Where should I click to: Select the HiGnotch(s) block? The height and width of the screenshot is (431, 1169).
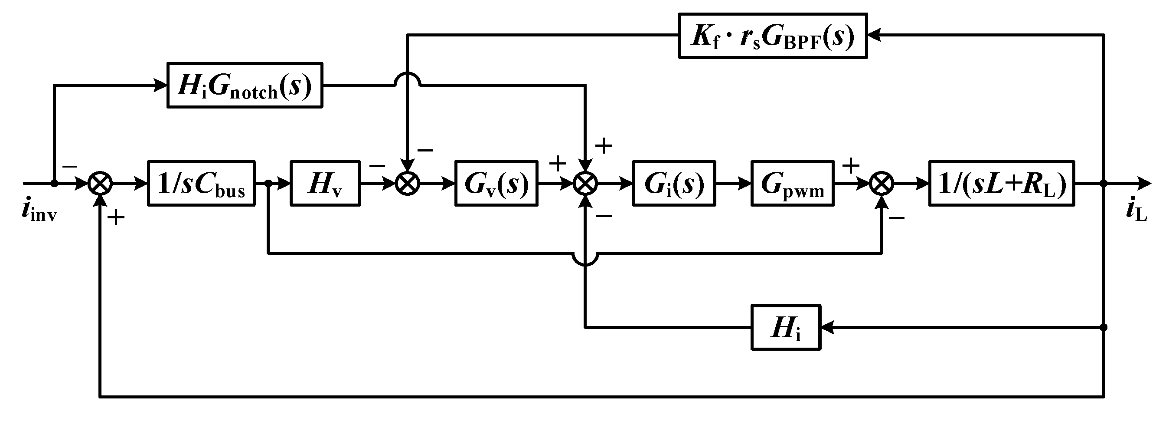(x=245, y=86)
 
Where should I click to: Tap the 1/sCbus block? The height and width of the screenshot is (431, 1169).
(x=201, y=184)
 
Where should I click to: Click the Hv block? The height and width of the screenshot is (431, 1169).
(x=325, y=184)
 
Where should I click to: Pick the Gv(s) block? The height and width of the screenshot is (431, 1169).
(x=496, y=184)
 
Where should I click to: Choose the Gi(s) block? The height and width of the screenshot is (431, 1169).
(x=674, y=184)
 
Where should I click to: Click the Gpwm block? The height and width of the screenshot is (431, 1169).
(x=792, y=184)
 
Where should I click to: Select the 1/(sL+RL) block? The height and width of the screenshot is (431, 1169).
(x=1002, y=184)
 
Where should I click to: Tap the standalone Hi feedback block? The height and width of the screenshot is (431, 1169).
(x=786, y=327)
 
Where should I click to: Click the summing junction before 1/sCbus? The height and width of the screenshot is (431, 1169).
(x=100, y=184)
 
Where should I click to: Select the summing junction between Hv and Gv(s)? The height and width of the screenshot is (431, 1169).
(x=408, y=184)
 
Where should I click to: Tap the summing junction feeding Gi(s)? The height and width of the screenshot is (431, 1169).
(x=585, y=184)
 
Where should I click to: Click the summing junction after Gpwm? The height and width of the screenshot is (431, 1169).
(x=882, y=184)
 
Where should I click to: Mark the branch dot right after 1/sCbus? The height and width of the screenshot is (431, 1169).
(x=268, y=184)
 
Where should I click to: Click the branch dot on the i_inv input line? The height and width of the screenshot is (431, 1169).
(x=54, y=184)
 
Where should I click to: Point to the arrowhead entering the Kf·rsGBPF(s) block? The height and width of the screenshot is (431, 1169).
(x=873, y=36)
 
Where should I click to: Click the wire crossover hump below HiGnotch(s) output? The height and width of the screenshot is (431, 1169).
(x=408, y=78)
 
